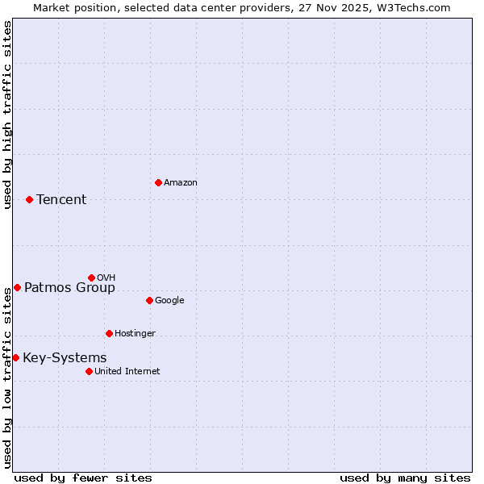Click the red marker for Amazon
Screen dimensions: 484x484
158,182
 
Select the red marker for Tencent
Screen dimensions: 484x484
29,199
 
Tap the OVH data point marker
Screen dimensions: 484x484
91,277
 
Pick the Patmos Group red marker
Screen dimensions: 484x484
17,287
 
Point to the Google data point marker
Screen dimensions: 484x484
149,300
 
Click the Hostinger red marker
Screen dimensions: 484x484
109,333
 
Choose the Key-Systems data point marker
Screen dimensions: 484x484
15,357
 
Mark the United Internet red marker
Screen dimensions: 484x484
89,371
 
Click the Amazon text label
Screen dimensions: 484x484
181,183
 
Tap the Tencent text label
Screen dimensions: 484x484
61,200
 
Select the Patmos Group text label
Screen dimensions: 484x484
69,288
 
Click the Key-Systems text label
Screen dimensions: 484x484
65,358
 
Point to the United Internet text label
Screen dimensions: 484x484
127,372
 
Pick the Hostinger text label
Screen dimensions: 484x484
135,334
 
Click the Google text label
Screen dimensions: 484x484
169,301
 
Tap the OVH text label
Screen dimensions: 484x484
106,278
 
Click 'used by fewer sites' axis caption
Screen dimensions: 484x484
83,478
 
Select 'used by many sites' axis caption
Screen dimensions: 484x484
405,478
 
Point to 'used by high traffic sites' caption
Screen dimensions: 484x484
7,115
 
